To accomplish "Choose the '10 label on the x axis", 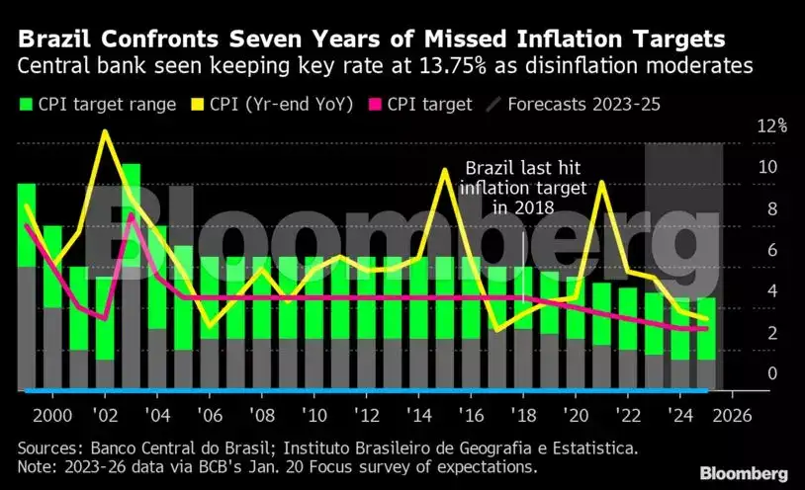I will pyautogui.click(x=314, y=413).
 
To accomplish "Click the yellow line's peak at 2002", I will pyautogui.click(x=105, y=131).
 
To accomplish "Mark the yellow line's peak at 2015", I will pyautogui.click(x=444, y=170).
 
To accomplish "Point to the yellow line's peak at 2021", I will pyautogui.click(x=600, y=182).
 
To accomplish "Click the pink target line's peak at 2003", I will pyautogui.click(x=132, y=215).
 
